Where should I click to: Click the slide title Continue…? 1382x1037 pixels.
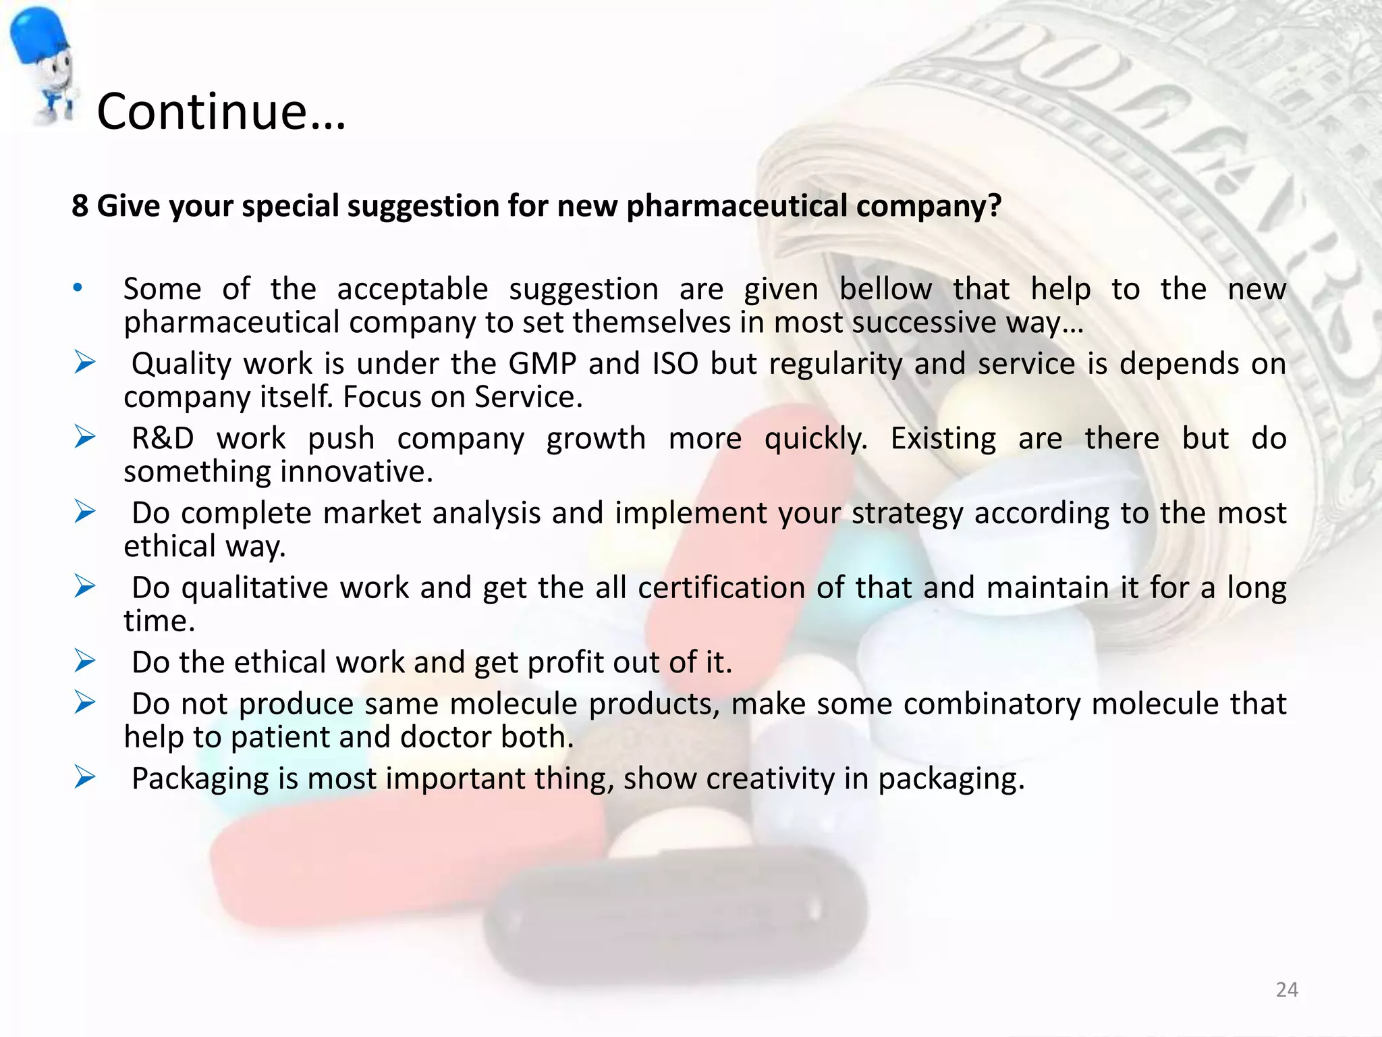221,111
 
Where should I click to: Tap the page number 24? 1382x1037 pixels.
1287,990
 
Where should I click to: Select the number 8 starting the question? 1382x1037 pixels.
80,206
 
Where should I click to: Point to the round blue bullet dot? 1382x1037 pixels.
78,288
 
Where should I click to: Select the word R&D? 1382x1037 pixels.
163,439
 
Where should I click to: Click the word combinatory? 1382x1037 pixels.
992,704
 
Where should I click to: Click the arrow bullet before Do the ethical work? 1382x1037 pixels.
85,661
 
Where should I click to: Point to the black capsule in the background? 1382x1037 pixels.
675,911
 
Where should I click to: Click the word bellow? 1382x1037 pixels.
885,290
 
